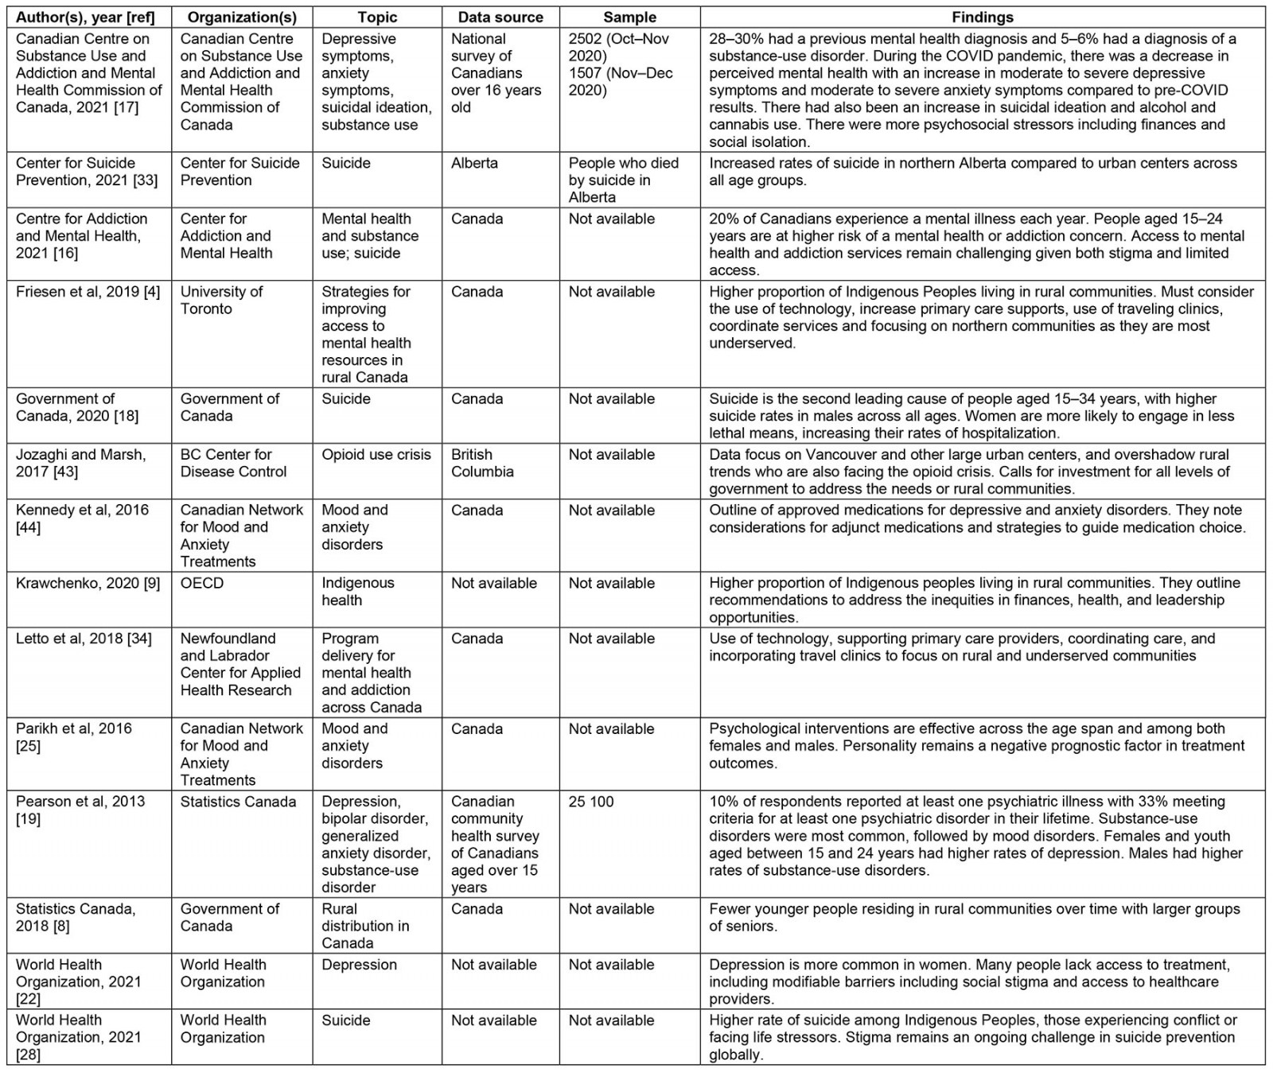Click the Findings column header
coord(983,17)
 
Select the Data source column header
coord(500,17)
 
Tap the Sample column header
coord(629,17)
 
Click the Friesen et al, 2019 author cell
coord(88,292)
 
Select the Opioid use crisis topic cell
coord(376,455)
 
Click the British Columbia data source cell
coord(482,463)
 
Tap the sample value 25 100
coord(591,802)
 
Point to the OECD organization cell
coord(202,583)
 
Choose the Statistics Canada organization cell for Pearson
coord(238,802)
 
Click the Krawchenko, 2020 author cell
coord(88,583)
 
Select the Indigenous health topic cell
coord(357,592)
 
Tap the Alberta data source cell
coord(474,163)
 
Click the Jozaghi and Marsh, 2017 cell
coord(80,463)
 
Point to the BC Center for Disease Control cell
coord(233,463)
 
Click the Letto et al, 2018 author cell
coord(84,639)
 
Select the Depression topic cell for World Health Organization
coord(359,965)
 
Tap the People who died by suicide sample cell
coord(623,180)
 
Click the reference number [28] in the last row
coord(28,1055)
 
